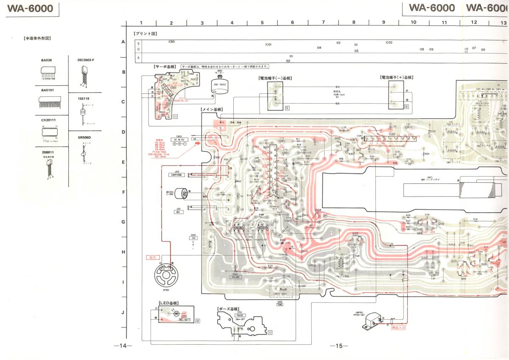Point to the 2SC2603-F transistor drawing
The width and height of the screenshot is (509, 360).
point(84,76)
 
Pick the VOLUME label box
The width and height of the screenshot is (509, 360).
point(236,277)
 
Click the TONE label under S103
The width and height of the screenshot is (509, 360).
point(280,304)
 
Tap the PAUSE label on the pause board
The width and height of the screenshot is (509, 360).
point(239,315)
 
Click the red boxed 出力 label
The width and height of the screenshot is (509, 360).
point(151,257)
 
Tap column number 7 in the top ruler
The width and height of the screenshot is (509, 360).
point(323,22)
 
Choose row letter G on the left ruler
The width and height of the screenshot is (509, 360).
point(123,222)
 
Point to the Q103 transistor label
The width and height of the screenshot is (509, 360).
point(355,233)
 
